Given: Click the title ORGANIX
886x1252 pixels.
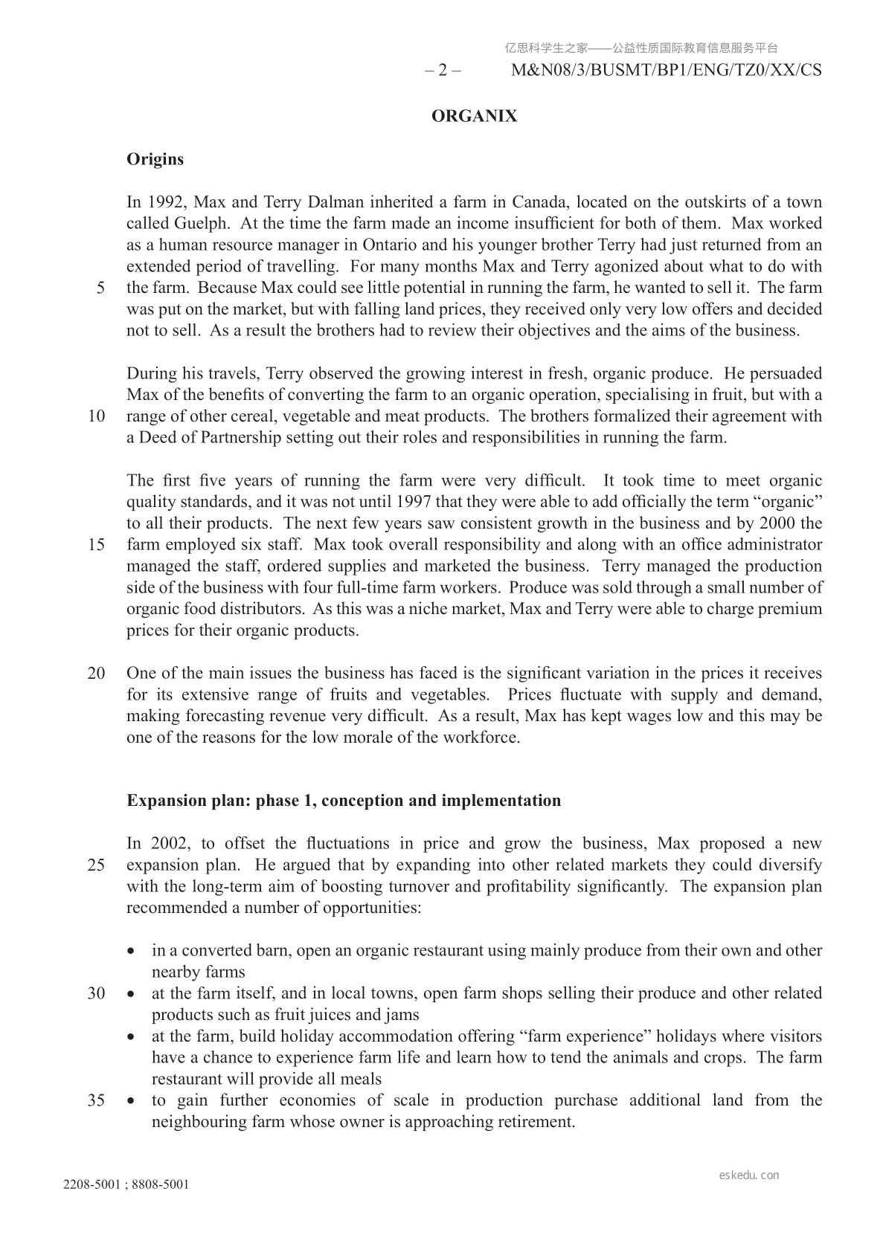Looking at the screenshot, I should (x=474, y=116).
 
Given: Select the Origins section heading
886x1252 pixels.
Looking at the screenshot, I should (x=155, y=159).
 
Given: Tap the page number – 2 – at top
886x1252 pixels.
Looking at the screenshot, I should (x=443, y=71).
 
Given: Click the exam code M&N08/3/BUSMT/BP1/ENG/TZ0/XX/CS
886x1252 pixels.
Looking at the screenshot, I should (x=667, y=71).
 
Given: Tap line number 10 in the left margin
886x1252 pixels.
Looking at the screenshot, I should (x=96, y=416).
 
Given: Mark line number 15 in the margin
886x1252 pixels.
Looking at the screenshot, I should (x=96, y=545).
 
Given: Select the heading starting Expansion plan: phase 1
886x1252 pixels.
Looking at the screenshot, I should (x=344, y=801).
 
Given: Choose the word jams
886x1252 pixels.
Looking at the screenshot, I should (x=402, y=1016).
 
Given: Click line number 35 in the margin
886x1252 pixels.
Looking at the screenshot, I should (x=96, y=1101).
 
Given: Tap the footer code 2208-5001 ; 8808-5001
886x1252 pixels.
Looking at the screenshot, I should (x=126, y=1184).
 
